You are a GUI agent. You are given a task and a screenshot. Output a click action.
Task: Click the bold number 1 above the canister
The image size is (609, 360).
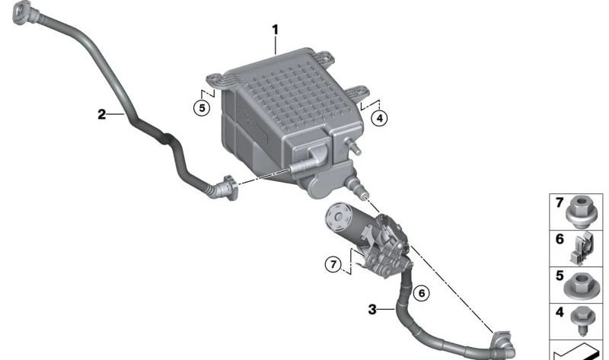pyautogui.click(x=275, y=30)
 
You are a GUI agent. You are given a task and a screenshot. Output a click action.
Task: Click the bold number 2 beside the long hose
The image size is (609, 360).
pyautogui.click(x=101, y=114)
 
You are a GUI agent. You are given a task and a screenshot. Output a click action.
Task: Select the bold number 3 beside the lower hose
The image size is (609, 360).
pyautogui.click(x=372, y=310)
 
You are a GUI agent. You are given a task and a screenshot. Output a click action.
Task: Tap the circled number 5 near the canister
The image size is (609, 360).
pyautogui.click(x=202, y=107)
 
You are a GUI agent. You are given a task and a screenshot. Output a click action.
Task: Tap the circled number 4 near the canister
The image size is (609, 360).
pyautogui.click(x=379, y=118)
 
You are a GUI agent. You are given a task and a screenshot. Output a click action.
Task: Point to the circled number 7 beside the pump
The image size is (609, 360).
pyautogui.click(x=333, y=265)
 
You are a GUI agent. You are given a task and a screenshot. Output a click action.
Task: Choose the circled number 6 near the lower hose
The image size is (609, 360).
pyautogui.click(x=422, y=292)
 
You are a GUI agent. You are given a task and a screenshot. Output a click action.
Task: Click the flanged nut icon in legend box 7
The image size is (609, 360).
pyautogui.click(x=580, y=212)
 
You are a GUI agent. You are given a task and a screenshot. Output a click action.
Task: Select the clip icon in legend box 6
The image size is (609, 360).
pyautogui.click(x=582, y=248)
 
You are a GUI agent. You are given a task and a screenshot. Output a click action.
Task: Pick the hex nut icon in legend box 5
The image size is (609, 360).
pyautogui.click(x=580, y=285)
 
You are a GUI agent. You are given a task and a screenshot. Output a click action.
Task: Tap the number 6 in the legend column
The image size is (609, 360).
pyautogui.click(x=560, y=239)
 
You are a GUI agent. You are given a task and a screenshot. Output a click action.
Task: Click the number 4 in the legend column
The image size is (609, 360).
pyautogui.click(x=560, y=312)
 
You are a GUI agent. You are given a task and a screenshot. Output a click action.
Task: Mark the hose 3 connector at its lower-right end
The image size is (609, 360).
pyautogui.click(x=503, y=345)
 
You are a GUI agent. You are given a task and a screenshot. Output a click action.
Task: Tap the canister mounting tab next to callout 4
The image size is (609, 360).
pyautogui.click(x=356, y=92)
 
